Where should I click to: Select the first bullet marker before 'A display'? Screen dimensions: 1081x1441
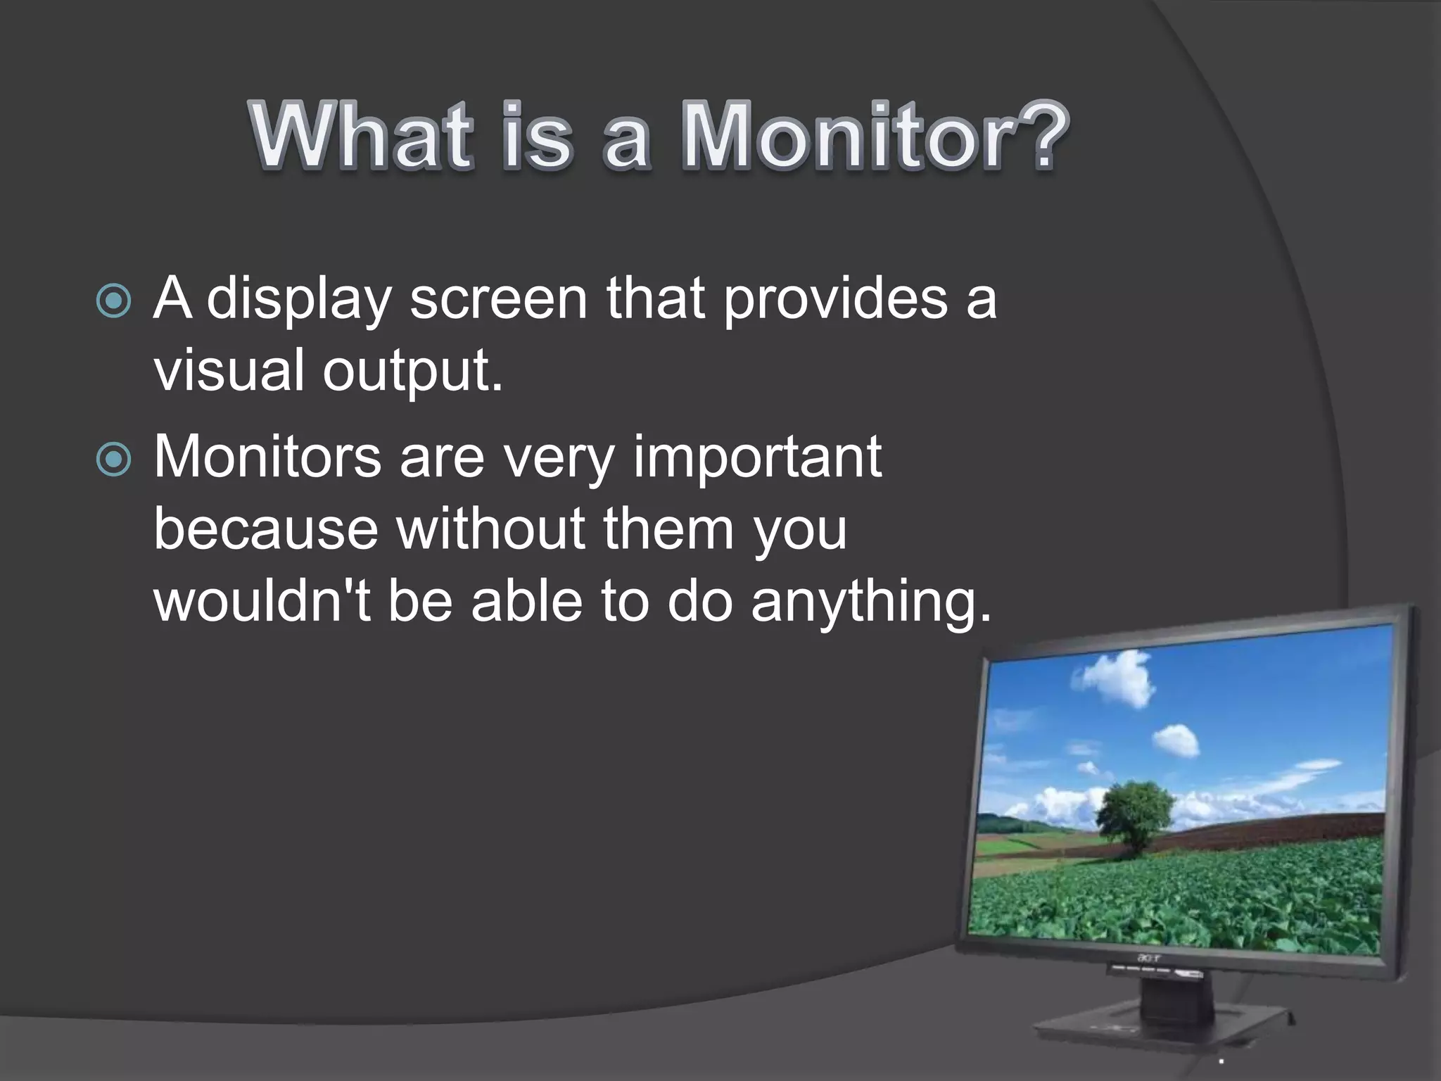click(113, 301)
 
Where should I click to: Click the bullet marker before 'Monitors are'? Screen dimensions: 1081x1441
click(113, 460)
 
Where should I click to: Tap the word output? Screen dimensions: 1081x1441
click(412, 372)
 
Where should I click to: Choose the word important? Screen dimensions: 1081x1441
click(757, 460)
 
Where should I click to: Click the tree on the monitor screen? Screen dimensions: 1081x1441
click(1134, 813)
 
